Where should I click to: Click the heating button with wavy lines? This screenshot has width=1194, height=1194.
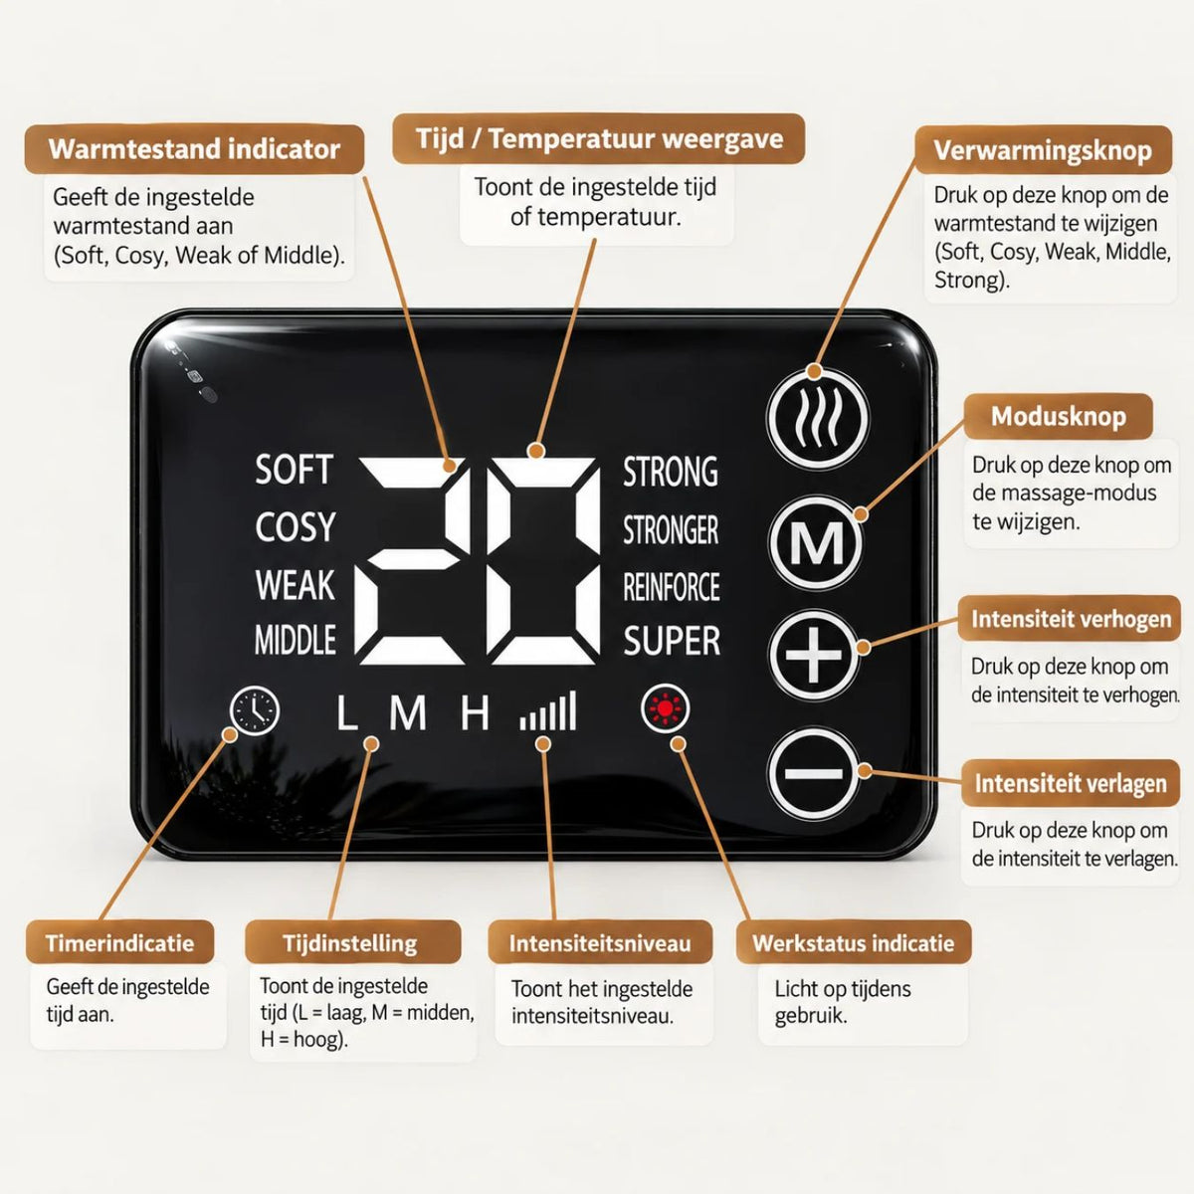coord(817,418)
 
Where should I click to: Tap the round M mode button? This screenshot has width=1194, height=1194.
coord(816,543)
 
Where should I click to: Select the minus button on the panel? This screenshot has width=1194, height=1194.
coord(814,773)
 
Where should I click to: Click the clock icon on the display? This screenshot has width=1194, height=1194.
coord(255,710)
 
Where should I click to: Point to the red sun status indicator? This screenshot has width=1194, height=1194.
coord(666,708)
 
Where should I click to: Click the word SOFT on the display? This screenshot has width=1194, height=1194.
coord(295,470)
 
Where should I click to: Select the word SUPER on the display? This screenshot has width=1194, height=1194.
coord(672,641)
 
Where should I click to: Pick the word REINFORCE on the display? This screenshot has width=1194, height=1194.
coord(672,587)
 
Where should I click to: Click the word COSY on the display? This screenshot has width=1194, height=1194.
coord(295,527)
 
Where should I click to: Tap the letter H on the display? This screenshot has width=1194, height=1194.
coord(475,712)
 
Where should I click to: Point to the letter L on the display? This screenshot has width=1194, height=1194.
coord(347,712)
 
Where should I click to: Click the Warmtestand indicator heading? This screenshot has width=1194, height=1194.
coord(195,149)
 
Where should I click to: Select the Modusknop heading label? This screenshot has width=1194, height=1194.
coord(1059,416)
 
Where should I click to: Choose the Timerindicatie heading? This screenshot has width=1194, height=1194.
coord(119,943)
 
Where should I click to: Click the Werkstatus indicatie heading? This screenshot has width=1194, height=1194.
coord(853,943)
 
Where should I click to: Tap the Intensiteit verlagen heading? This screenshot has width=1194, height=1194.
coord(1070,783)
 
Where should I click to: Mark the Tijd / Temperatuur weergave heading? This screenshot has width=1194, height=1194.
coord(599,138)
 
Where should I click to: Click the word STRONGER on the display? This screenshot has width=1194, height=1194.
coord(671,530)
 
